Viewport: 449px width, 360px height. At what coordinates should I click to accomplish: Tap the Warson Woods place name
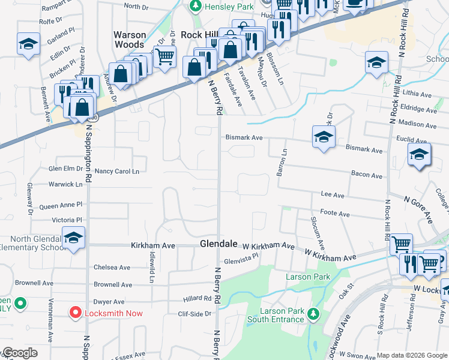pos(130,40)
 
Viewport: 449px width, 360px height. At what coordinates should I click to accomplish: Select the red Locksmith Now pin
pos(75,312)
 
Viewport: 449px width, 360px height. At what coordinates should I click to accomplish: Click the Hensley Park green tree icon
pos(194,6)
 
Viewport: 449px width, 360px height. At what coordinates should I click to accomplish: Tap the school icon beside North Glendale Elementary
pos(73,239)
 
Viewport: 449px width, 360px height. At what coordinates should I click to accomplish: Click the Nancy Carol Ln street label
pos(117,171)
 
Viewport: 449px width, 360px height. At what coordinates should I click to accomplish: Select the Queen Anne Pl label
pos(61,206)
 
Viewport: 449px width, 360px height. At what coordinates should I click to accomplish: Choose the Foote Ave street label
pos(335,214)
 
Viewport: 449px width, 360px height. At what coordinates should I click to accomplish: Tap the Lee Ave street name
pos(333,195)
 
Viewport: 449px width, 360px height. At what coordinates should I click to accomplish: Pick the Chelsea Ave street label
pos(112,268)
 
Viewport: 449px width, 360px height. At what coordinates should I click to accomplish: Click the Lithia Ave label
pos(418,95)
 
